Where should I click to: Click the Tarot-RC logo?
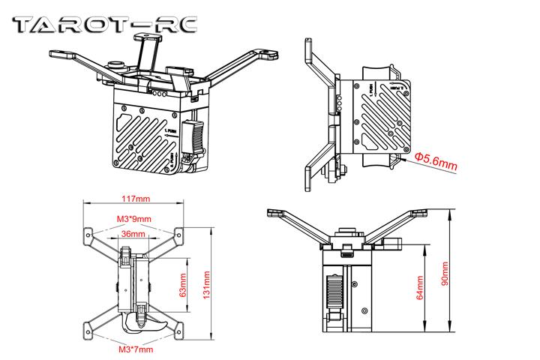click(x=105, y=24)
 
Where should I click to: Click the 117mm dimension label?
click(x=134, y=199)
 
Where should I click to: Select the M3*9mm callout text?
click(x=134, y=219)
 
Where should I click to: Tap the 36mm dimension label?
click(x=133, y=235)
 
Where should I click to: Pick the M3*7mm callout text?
click(x=135, y=349)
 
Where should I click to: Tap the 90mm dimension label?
click(x=445, y=274)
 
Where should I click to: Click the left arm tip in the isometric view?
click(x=57, y=53)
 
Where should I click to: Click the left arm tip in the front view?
click(x=274, y=214)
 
